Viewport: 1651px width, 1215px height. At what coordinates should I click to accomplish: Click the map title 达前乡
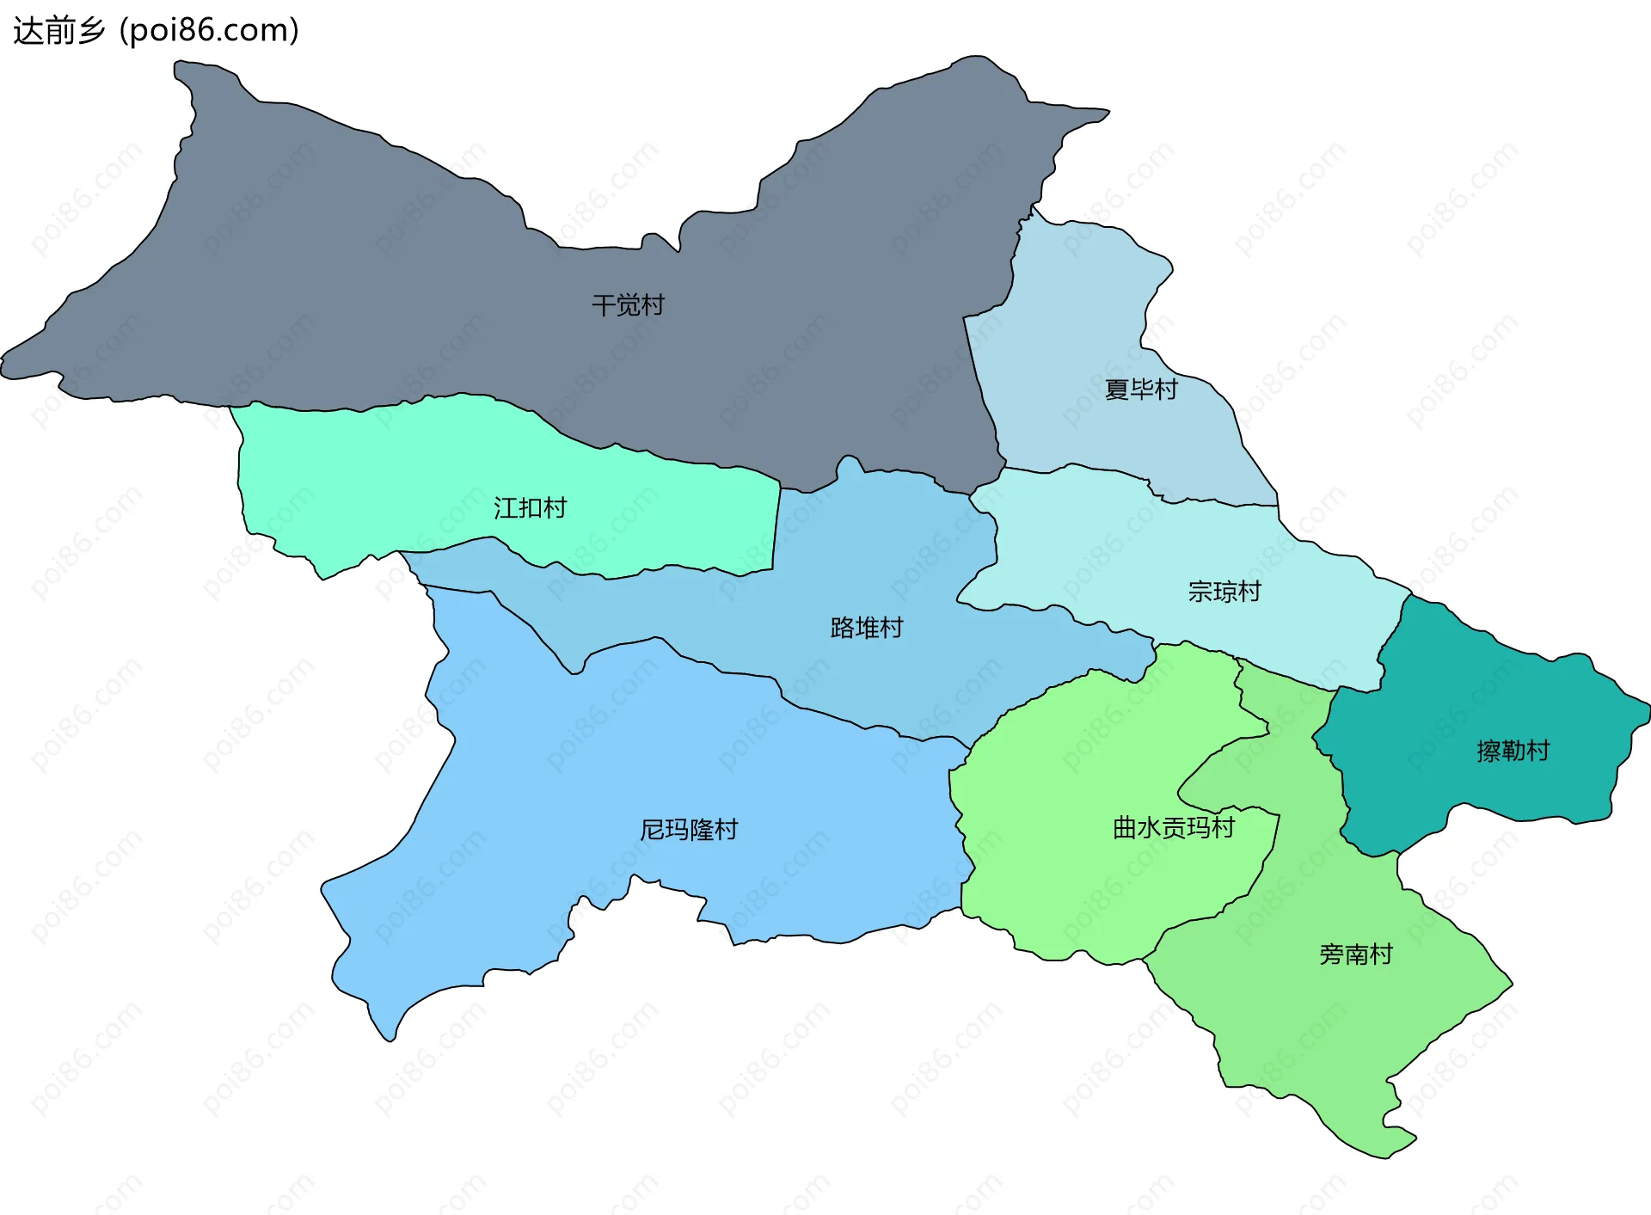[58, 31]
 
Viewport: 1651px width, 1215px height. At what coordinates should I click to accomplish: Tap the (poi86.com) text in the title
[209, 31]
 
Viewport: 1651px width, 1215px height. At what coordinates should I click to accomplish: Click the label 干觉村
[628, 305]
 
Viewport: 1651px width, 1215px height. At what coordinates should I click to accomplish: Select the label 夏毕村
[1141, 390]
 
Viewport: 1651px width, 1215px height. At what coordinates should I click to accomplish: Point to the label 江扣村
[530, 508]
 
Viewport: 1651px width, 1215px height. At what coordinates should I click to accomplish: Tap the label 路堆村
[867, 628]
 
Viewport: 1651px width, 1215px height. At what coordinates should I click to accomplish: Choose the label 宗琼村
[1224, 592]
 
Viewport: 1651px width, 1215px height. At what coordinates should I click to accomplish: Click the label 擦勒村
[1513, 751]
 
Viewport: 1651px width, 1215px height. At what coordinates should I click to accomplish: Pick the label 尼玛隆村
[689, 830]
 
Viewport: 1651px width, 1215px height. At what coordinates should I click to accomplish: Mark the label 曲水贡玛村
[1174, 828]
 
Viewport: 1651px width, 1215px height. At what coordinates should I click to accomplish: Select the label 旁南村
[1356, 954]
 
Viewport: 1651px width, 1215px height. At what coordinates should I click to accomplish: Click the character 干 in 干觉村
[604, 305]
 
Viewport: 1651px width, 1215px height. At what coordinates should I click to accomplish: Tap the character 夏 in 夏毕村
[1117, 390]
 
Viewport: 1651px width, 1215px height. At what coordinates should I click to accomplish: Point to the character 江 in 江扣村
[506, 508]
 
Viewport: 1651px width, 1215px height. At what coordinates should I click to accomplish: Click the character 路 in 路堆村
[843, 628]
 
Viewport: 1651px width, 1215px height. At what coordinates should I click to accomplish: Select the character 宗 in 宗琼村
[1200, 592]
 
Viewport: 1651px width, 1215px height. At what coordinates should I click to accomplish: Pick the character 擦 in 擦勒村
[1489, 751]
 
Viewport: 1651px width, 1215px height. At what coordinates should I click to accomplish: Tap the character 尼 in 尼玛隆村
[653, 830]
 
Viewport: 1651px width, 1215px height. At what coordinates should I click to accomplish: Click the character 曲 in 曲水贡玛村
[1126, 828]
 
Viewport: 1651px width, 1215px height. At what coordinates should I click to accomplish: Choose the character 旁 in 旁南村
[1332, 954]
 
